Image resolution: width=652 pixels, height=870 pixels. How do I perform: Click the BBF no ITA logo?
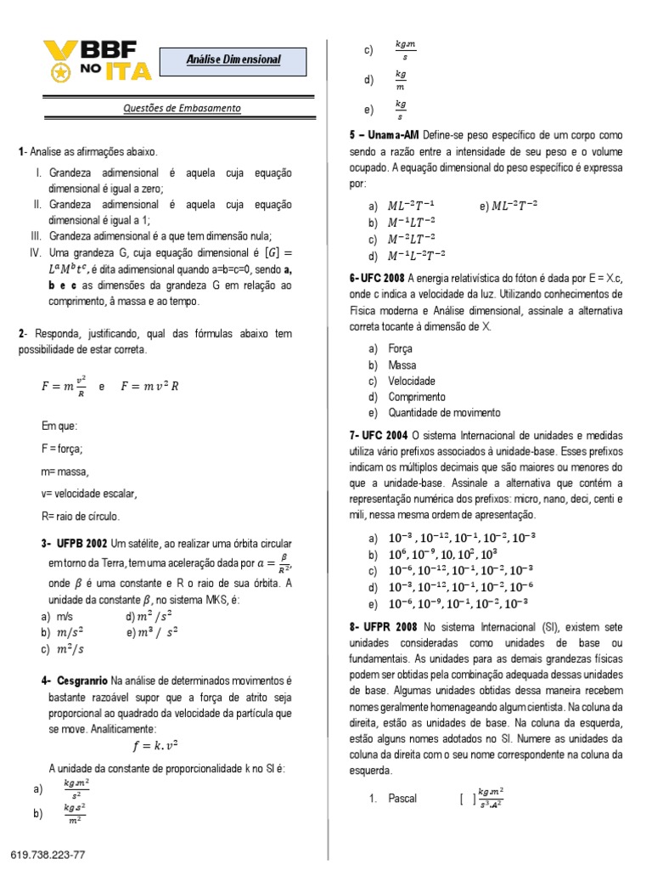[x=97, y=61]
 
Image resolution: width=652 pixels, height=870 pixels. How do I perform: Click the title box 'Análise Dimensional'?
[x=233, y=59]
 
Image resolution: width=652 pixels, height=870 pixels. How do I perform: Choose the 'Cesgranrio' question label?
[x=82, y=681]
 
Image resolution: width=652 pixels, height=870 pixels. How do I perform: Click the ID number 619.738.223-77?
[x=48, y=854]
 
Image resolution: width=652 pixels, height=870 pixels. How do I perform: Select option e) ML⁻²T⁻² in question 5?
[x=509, y=206]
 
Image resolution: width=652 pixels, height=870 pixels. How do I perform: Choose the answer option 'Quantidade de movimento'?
[x=443, y=413]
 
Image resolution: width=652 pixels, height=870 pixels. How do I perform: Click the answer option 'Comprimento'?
[x=416, y=397]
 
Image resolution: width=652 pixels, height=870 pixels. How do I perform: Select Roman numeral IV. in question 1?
[x=36, y=253]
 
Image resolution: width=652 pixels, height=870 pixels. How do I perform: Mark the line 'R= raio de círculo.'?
[x=81, y=516]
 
